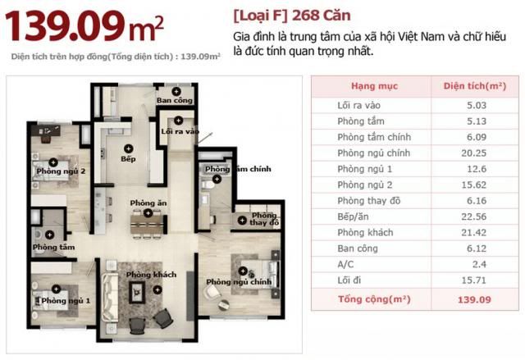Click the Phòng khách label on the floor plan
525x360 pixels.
151,275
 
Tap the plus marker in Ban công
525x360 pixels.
176,91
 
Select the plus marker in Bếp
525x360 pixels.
128,148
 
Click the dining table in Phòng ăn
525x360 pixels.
148,224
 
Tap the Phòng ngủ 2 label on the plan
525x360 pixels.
61,171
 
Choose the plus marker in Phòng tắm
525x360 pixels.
49,235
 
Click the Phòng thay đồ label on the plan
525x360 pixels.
264,219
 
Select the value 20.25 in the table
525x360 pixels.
473,153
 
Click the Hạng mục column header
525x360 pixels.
374,86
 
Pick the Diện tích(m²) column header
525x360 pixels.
475,86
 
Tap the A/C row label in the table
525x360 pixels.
345,264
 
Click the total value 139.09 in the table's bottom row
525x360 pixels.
474,299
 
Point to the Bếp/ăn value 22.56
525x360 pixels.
474,216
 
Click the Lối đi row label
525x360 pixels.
349,280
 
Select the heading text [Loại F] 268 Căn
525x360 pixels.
292,16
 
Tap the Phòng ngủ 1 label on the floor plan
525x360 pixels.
66,301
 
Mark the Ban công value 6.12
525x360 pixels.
477,248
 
